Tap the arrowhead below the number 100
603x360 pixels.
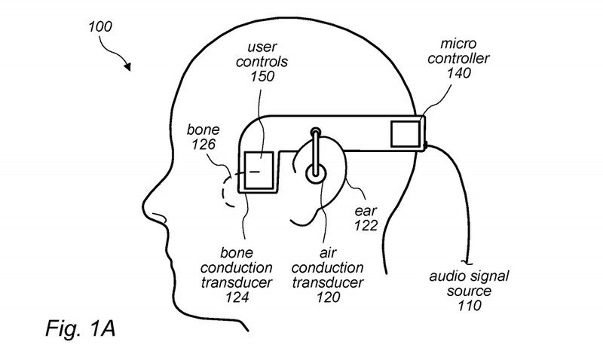129,68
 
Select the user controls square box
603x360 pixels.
259,166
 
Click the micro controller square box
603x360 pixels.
405,134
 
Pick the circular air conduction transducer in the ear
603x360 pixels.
315,172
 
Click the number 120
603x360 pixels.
319,297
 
